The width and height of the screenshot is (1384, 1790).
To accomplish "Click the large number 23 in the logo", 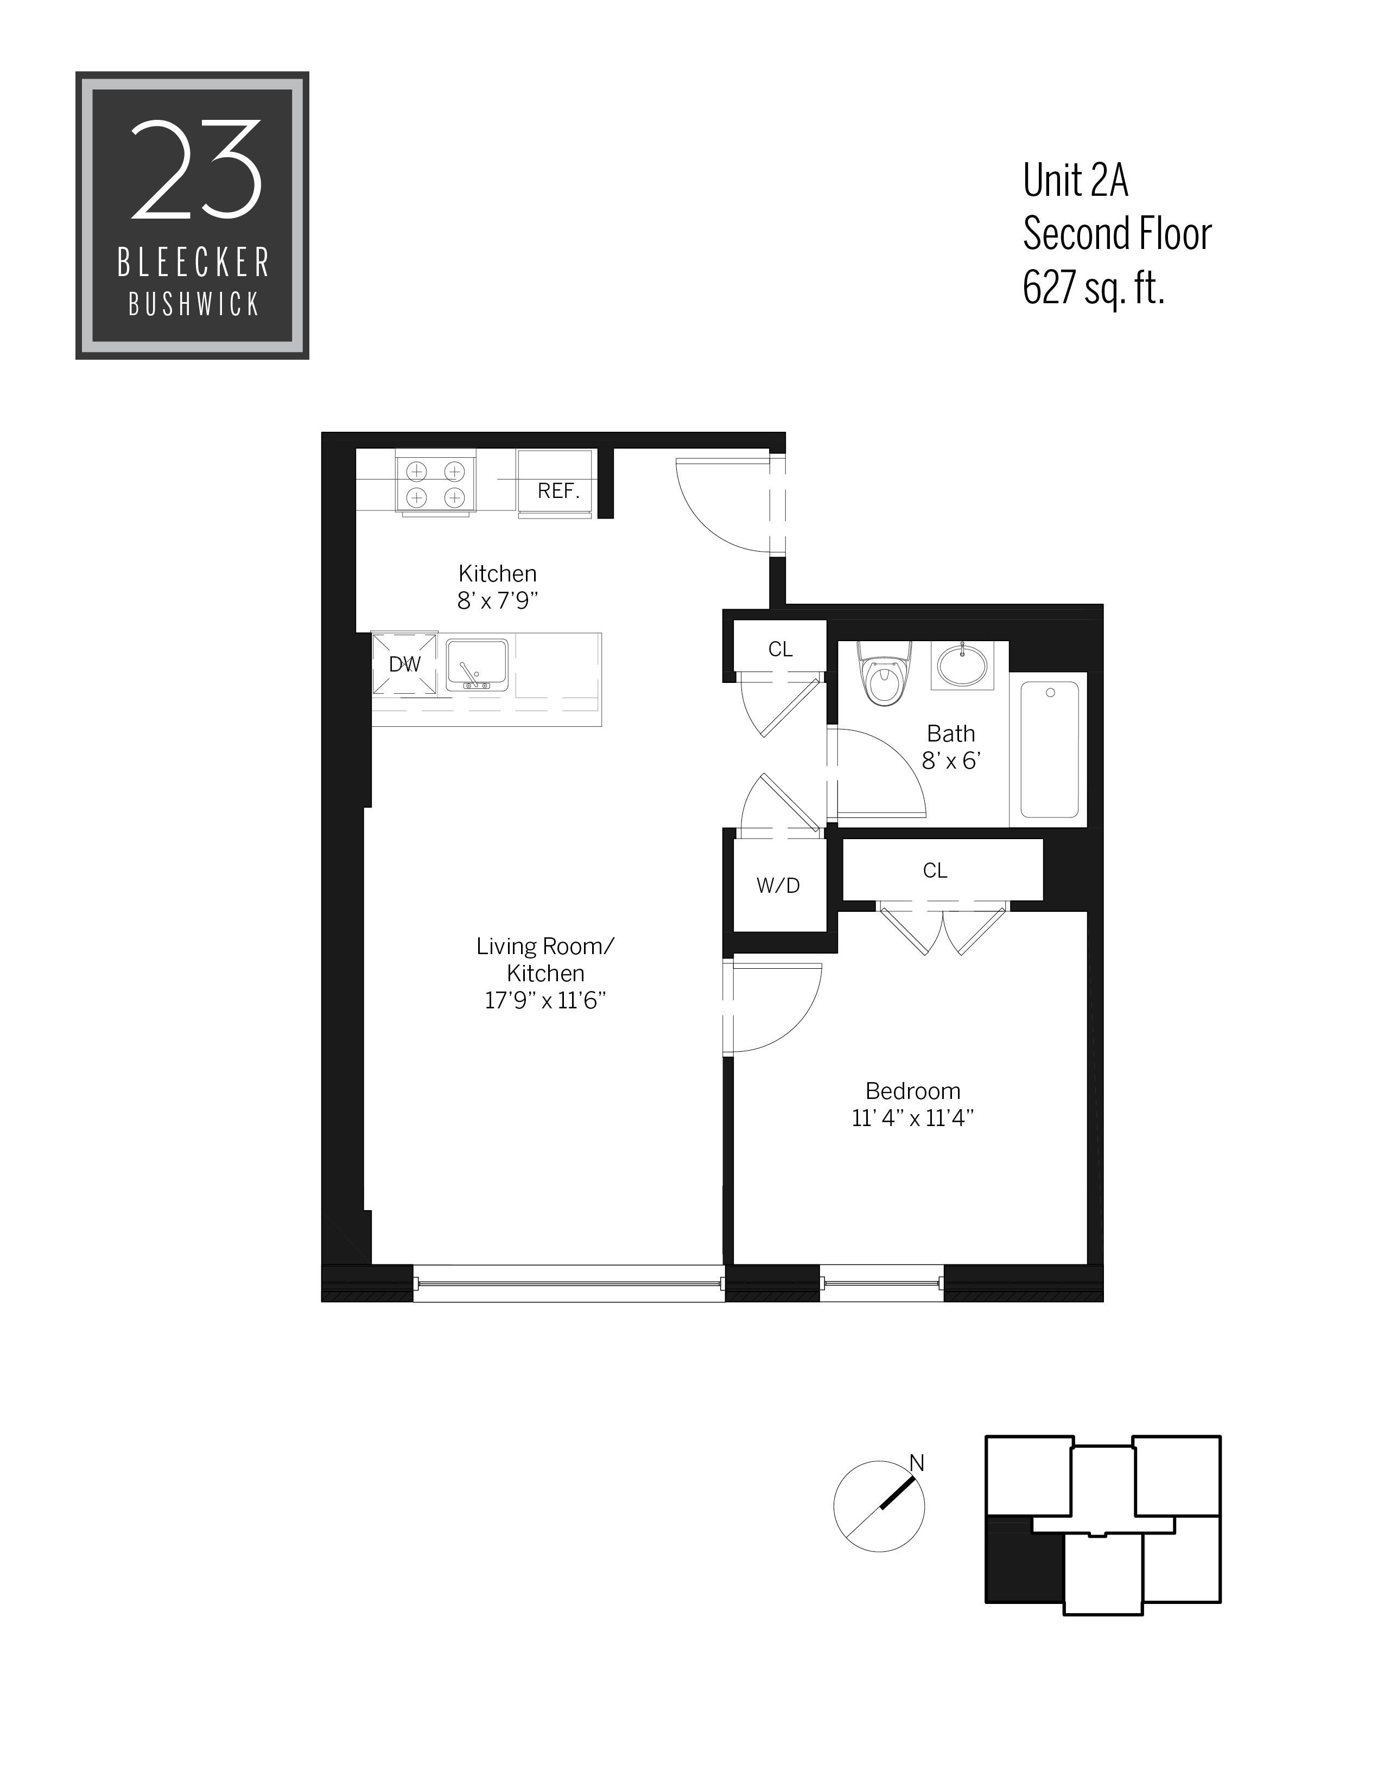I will coord(197,170).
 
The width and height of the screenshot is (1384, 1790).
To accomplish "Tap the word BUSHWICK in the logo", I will coord(194,305).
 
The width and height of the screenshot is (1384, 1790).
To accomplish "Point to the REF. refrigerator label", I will coord(558,491).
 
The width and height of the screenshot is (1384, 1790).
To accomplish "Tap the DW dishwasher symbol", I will coord(404,664).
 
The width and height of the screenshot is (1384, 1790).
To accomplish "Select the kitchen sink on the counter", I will coord(477,664).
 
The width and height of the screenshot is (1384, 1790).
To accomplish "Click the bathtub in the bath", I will coord(1050,750).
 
